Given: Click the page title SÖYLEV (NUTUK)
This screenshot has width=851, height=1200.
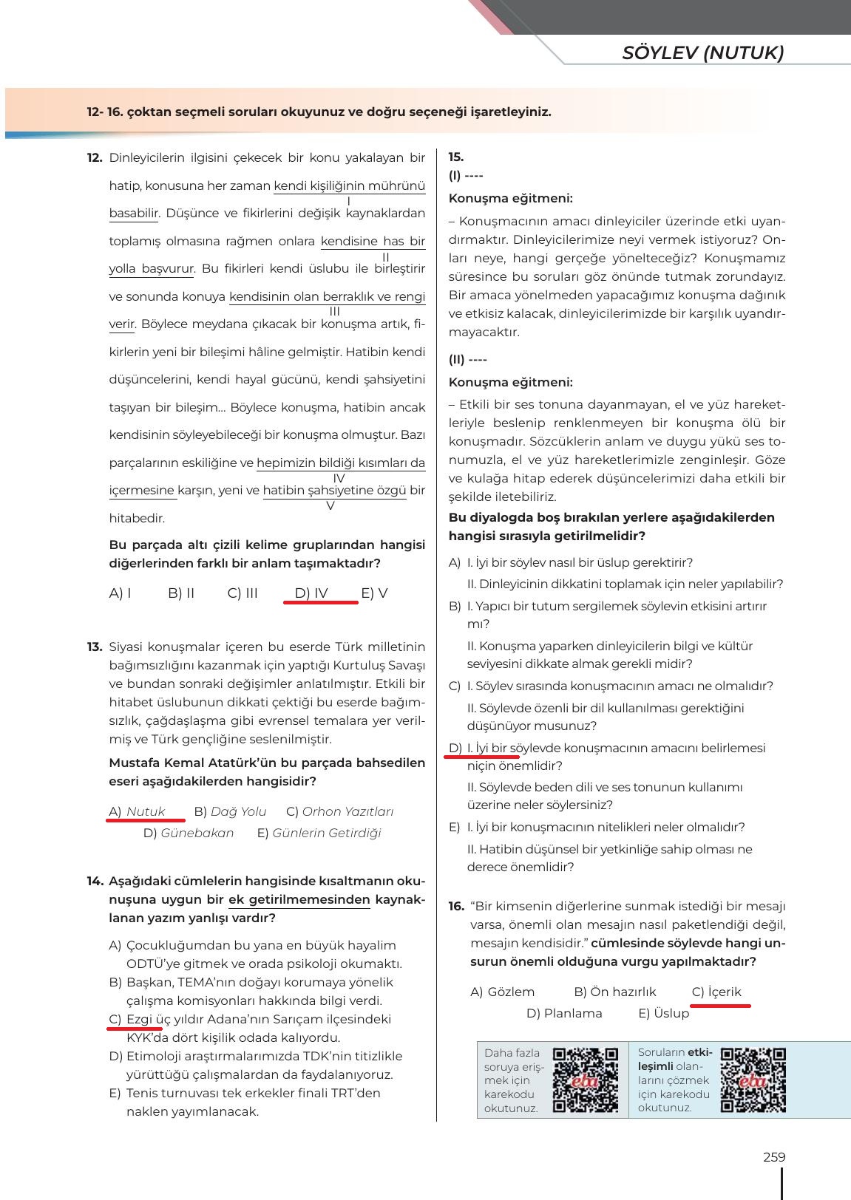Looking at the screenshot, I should point(702,52).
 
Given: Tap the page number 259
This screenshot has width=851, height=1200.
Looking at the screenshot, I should point(773,1157).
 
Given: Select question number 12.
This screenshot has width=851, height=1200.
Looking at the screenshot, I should point(94,157).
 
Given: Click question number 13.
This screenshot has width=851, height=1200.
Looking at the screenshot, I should point(94,647).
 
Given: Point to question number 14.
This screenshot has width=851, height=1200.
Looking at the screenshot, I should point(94,882).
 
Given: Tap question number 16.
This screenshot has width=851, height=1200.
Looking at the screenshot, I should point(456,907).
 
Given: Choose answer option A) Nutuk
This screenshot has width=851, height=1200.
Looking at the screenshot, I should point(138,811).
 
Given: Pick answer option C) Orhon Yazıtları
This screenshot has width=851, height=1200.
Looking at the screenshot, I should point(339,811).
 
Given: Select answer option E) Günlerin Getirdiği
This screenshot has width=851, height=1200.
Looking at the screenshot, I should point(319,833).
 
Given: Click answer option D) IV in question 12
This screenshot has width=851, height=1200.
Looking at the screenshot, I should point(311,593).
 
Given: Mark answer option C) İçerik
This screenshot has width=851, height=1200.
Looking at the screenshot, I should point(716,992).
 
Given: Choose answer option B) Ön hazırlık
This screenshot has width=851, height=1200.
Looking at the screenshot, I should point(614,992).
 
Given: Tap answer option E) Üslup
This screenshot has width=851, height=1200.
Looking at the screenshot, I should point(663,1013).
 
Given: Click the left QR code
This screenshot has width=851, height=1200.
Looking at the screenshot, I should point(586,1080).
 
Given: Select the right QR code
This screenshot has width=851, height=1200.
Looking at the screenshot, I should point(753,1080).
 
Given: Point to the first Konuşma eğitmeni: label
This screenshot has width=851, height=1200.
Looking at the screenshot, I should point(510,198).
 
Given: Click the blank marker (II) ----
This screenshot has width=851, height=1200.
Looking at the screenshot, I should point(467,360).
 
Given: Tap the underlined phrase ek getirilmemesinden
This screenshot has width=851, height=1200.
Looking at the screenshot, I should point(299,900).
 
